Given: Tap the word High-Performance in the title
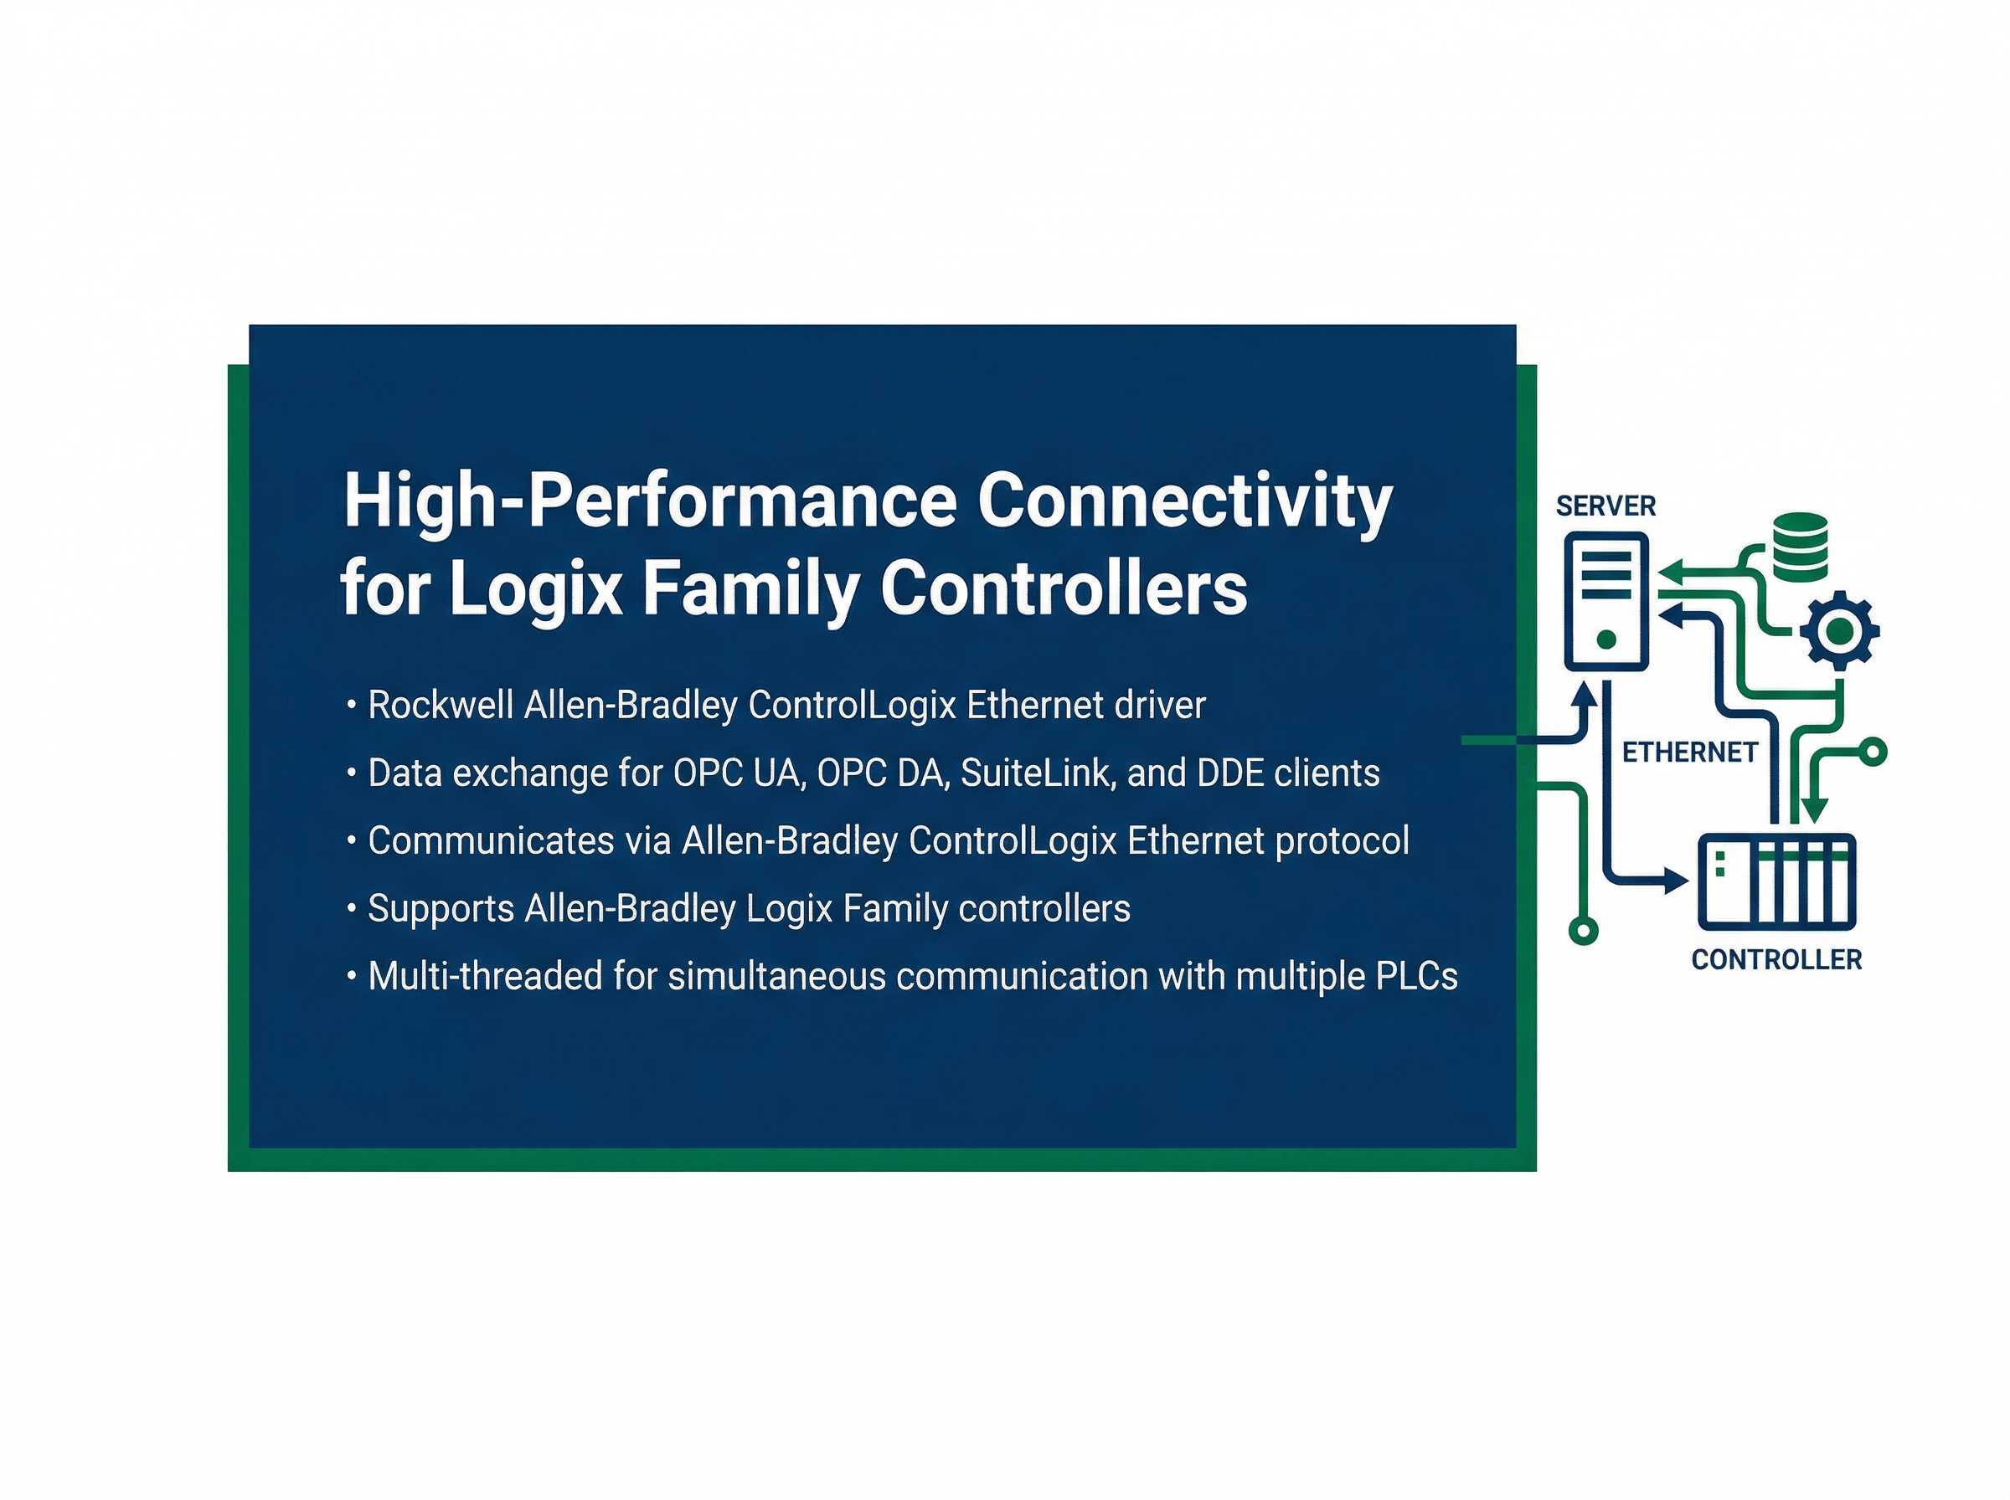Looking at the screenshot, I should pyautogui.click(x=649, y=502).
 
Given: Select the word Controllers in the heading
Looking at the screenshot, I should pyautogui.click(x=1064, y=589).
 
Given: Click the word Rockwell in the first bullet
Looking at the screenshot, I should pyautogui.click(x=440, y=706).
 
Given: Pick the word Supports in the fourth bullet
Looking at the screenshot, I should pyautogui.click(x=440, y=909).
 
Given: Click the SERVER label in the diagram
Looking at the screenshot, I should pyautogui.click(x=1605, y=506).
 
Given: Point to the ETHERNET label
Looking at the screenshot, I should pyautogui.click(x=1689, y=753).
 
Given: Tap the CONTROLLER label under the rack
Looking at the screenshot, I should pyautogui.click(x=1775, y=960).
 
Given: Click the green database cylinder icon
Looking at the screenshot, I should pyautogui.click(x=1799, y=547).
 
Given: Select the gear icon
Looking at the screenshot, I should pyautogui.click(x=1839, y=632).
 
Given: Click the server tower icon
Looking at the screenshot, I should pyautogui.click(x=1605, y=601).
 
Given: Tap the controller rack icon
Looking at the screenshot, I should pyautogui.click(x=1775, y=881).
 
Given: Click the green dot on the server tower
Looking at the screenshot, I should pyautogui.click(x=1605, y=640).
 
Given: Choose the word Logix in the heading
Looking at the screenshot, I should pyautogui.click(x=535, y=589).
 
